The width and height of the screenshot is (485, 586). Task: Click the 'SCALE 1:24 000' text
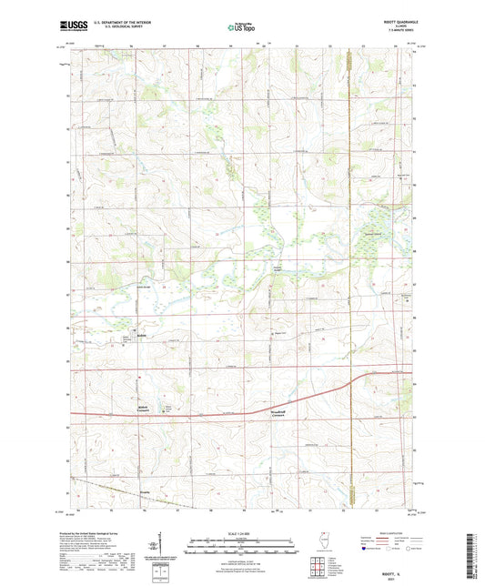click(x=242, y=531)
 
